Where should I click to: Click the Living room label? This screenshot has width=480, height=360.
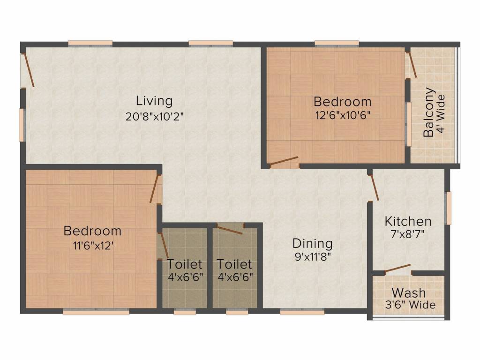click(x=154, y=101)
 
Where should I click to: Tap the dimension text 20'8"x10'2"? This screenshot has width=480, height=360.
click(x=154, y=117)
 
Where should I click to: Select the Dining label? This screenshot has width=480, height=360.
click(x=313, y=244)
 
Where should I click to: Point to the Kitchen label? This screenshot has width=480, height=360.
click(x=408, y=221)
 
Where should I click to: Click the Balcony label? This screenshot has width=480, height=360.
click(x=428, y=112)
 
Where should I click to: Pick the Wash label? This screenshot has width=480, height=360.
click(x=409, y=293)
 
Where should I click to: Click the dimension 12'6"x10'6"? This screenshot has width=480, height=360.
click(x=343, y=115)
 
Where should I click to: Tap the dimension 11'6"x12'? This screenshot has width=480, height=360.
click(x=93, y=246)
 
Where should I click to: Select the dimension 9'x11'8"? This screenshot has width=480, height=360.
click(x=313, y=256)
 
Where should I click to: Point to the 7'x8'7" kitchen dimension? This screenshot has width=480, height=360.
click(x=408, y=234)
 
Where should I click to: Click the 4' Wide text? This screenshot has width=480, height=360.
click(x=441, y=114)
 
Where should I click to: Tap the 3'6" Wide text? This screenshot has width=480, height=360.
click(x=410, y=305)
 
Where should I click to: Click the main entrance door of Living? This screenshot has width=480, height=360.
click(x=28, y=70)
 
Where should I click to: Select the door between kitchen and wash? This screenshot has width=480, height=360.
click(x=397, y=269)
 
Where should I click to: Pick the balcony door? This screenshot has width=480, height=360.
click(x=411, y=65)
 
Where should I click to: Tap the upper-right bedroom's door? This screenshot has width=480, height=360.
click(x=284, y=162)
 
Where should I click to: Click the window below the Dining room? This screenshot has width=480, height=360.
click(x=302, y=312)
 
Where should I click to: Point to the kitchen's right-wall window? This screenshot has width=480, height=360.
click(x=449, y=208)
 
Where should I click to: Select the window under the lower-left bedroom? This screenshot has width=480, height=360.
click(x=96, y=312)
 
